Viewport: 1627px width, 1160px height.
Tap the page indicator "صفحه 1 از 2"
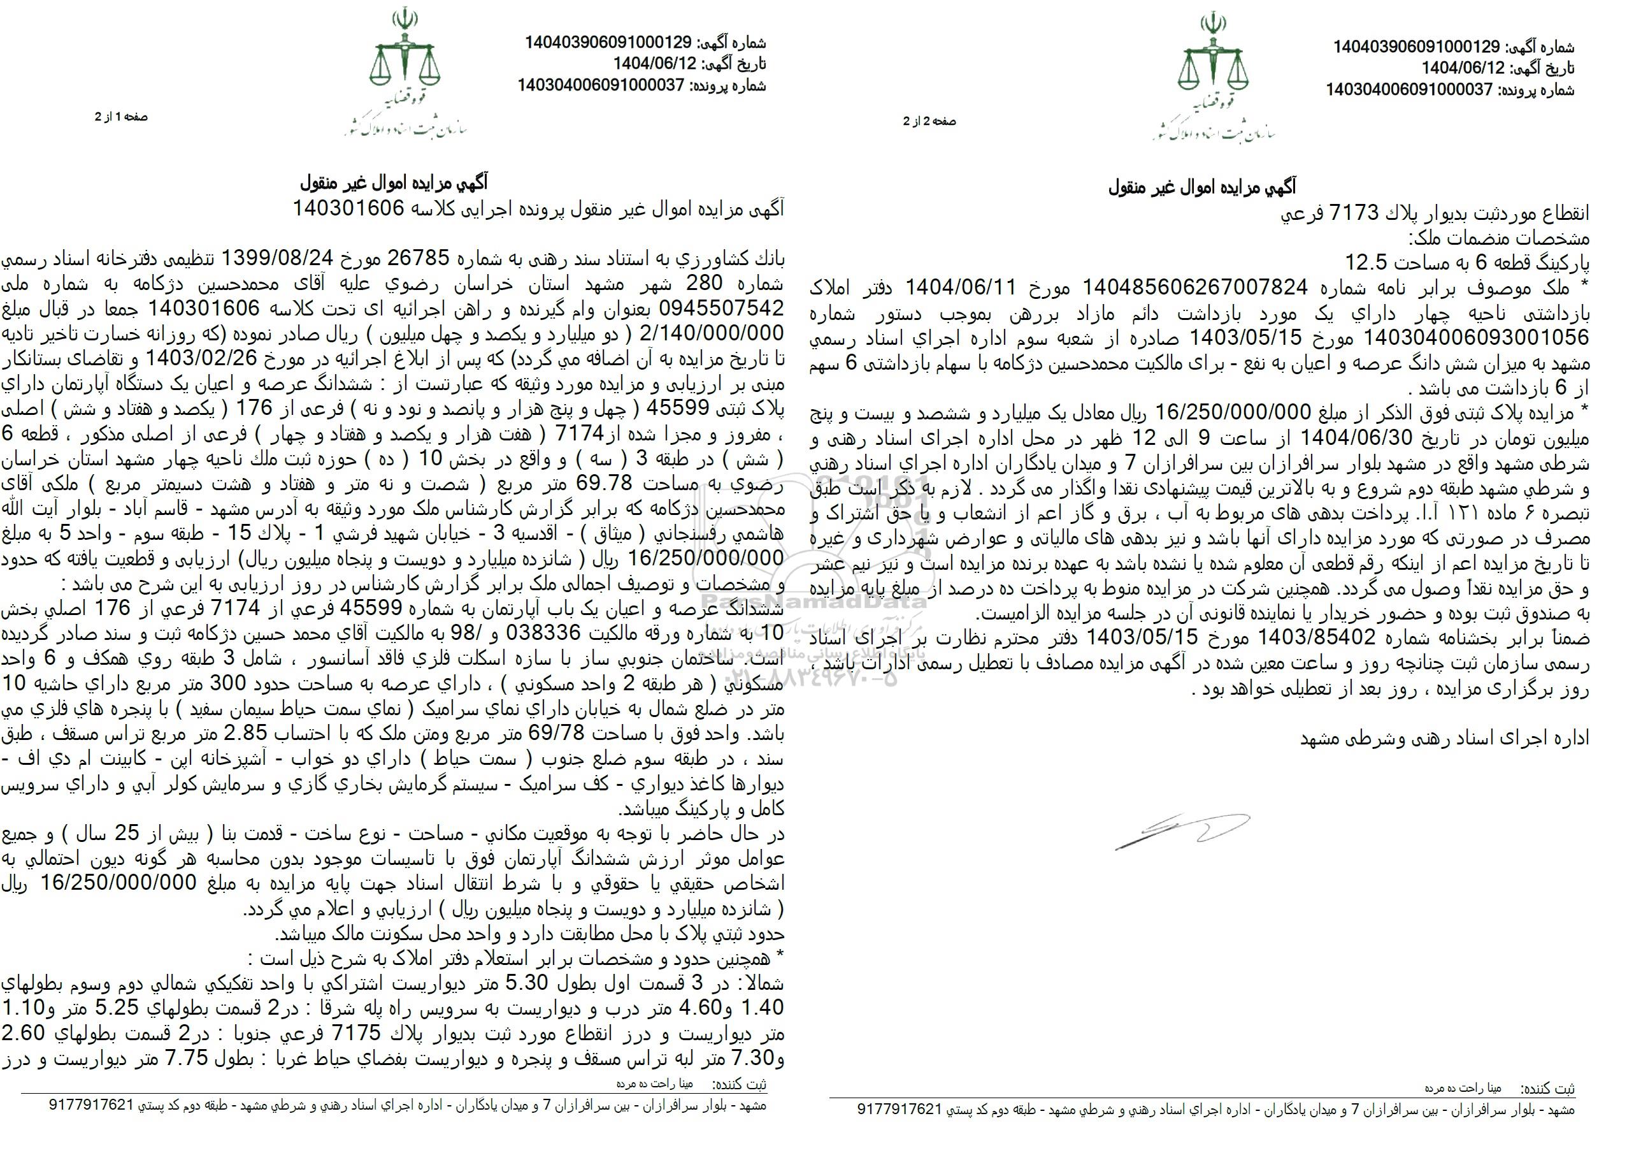[122, 117]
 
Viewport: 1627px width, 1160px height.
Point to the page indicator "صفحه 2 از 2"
[929, 122]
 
